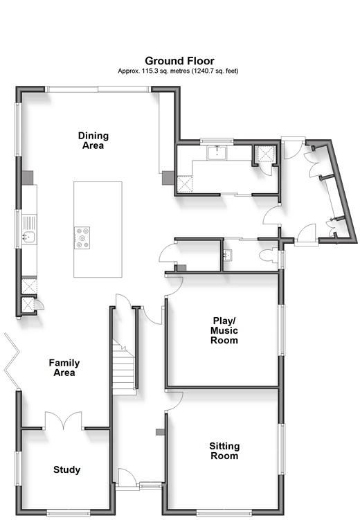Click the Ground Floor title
(180, 61)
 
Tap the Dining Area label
(93, 141)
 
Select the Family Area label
(64, 368)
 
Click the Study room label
(66, 469)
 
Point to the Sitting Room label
(224, 451)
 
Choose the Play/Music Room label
(224, 330)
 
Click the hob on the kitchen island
(82, 237)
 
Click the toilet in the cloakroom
(269, 255)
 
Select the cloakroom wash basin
(228, 255)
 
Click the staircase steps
(123, 366)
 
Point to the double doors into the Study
(63, 420)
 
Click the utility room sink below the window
(217, 153)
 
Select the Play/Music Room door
(174, 286)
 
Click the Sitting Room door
(174, 402)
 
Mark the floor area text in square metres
(154, 71)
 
